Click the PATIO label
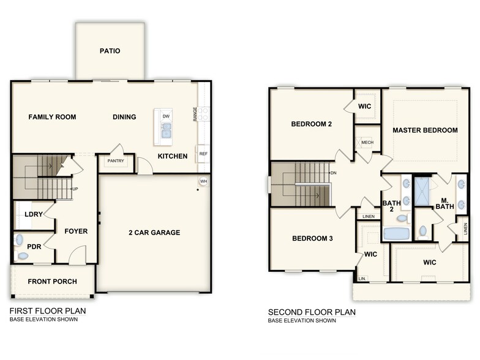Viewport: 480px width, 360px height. click(110, 51)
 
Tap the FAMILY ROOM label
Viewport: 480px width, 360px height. click(52, 117)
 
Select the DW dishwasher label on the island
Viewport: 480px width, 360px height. click(166, 116)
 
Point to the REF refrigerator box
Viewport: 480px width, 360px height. click(203, 153)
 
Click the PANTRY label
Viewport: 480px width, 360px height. click(116, 161)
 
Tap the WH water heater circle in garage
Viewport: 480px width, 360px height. click(203, 182)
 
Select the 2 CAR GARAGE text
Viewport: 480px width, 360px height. click(154, 233)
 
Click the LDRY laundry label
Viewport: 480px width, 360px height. click(32, 214)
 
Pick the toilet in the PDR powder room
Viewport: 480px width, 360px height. click(23, 255)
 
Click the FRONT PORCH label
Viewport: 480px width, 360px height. click(53, 282)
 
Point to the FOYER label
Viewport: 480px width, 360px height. click(77, 231)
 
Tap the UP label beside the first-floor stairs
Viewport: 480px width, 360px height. click(75, 189)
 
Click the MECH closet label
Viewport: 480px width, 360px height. click(367, 143)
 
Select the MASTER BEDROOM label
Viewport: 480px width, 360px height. click(425, 130)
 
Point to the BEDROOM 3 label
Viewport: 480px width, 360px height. click(312, 238)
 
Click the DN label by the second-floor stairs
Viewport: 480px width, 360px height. click(334, 173)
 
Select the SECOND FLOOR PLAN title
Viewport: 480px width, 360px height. click(311, 312)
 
